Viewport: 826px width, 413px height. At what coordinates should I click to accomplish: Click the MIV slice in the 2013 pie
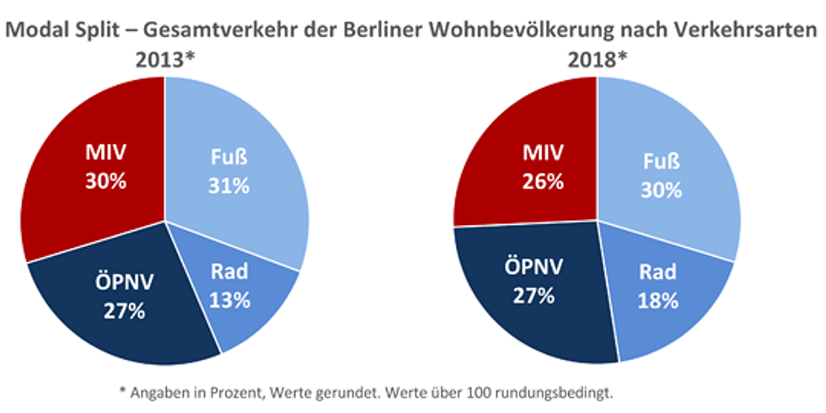coord(93,169)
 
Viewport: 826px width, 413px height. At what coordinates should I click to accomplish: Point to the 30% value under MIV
coord(104,181)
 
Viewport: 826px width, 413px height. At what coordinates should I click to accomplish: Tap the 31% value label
coord(229,186)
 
